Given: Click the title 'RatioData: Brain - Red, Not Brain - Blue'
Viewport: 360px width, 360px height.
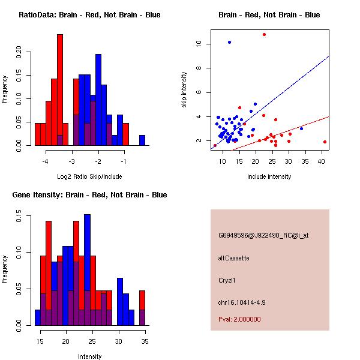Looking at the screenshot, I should pos(89,15).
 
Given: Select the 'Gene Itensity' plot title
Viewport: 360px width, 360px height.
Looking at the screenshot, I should pos(89,195).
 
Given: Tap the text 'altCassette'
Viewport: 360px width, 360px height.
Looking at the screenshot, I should pos(233,258).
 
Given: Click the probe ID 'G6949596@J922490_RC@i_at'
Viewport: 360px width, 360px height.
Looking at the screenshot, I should pos(263,236).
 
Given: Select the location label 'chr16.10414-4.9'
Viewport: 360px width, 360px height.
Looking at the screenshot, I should pos(241,302).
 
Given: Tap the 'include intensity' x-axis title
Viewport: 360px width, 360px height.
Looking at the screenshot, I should pos(269,177).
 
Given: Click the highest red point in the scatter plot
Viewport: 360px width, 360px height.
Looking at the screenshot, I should pos(264,35).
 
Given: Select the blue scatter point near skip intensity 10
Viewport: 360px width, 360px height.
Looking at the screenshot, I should pos(229,42).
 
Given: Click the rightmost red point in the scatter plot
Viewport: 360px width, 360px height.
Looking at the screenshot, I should pos(325,142).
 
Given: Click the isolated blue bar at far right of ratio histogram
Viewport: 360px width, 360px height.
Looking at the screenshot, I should pos(142,140).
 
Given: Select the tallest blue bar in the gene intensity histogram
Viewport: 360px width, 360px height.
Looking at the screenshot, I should pos(88,270).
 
